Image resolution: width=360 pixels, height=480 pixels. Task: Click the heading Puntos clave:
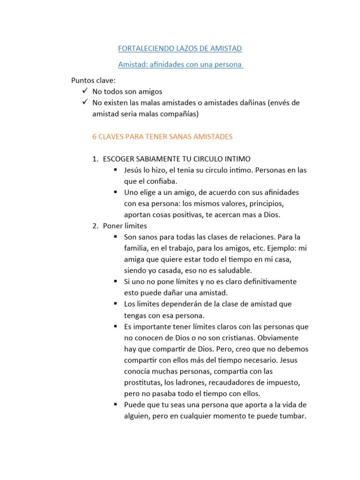coord(93,80)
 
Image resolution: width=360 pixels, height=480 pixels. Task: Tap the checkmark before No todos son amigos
coord(84,91)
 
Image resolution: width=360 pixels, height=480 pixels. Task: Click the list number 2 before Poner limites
coord(94,226)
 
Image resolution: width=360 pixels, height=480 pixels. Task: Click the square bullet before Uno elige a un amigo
coord(115,192)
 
